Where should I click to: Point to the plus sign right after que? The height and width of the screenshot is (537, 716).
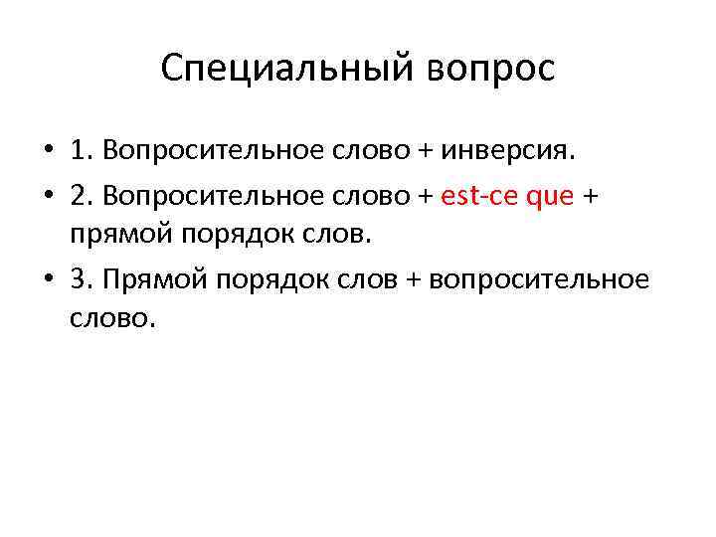pyautogui.click(x=594, y=196)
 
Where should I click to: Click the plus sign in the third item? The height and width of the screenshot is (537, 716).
pyautogui.click(x=410, y=278)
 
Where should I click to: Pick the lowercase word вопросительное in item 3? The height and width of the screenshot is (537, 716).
pyautogui.click(x=537, y=278)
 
